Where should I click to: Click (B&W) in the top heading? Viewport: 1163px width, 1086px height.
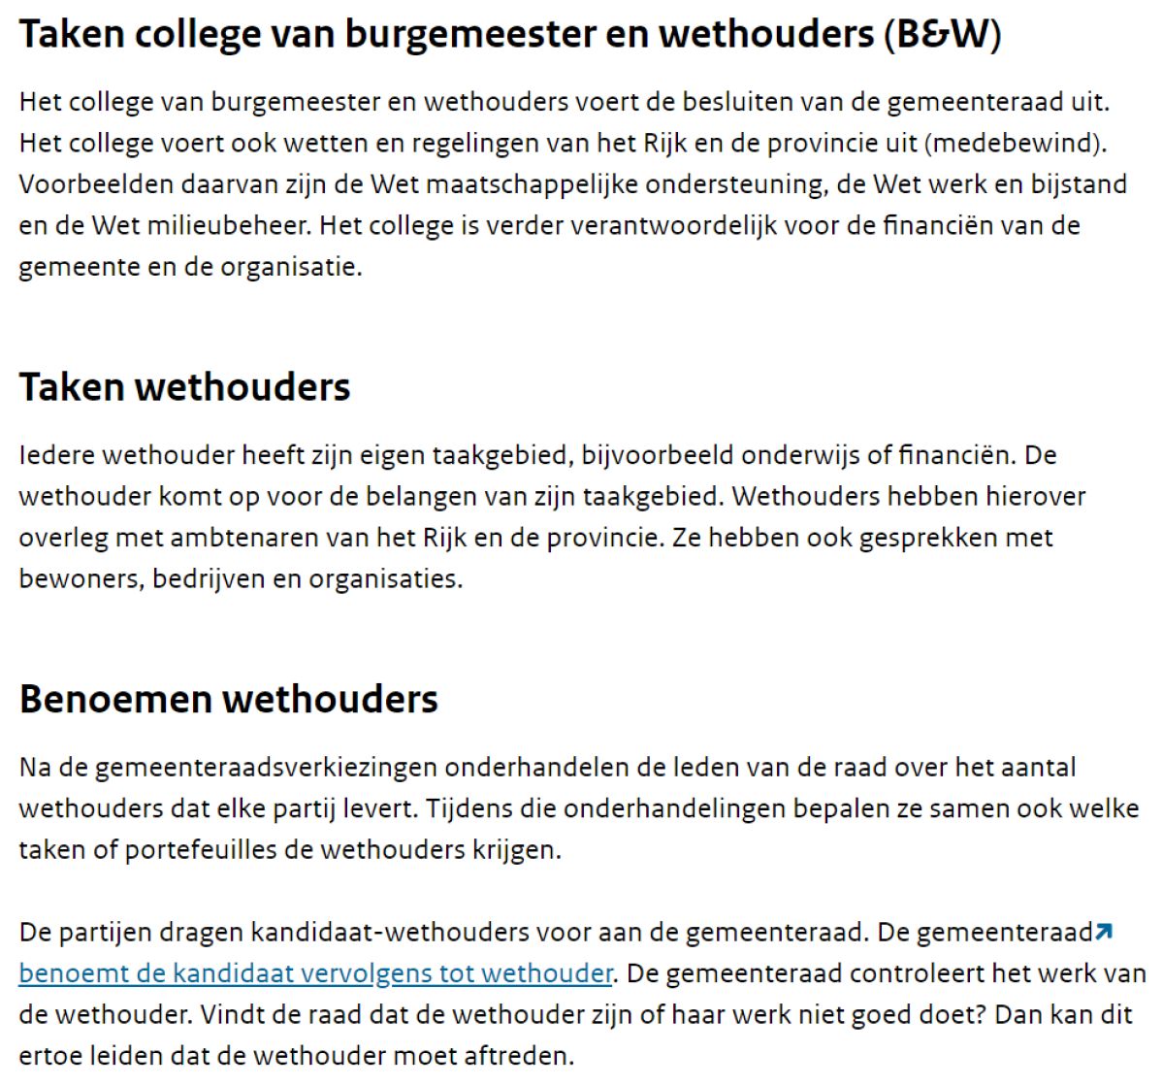point(942,35)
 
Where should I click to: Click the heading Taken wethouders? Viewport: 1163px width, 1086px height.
point(184,387)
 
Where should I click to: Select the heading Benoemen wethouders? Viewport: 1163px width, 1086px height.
point(229,700)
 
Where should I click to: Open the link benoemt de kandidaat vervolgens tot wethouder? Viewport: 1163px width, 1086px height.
point(315,973)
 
